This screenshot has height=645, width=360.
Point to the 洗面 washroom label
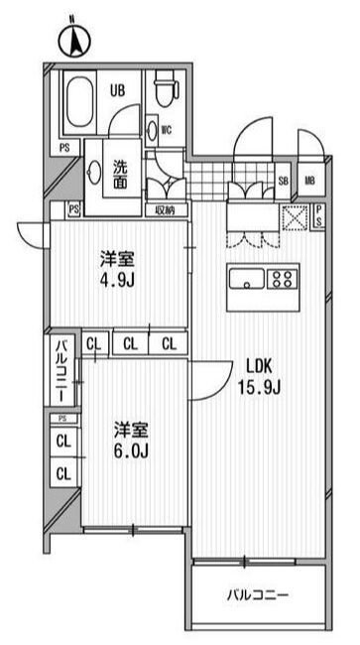point(119,175)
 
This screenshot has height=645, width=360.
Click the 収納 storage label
point(164,210)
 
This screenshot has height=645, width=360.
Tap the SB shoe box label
point(283,181)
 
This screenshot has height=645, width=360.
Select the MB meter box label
point(309,181)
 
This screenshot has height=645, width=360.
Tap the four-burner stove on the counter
point(283,278)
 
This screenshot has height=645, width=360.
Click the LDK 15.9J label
point(265,373)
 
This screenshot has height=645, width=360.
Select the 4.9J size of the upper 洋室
point(118,281)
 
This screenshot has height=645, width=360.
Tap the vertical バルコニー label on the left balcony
point(60,370)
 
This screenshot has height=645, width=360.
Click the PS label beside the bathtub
point(64,148)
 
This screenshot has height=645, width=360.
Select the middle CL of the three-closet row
point(131,344)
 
